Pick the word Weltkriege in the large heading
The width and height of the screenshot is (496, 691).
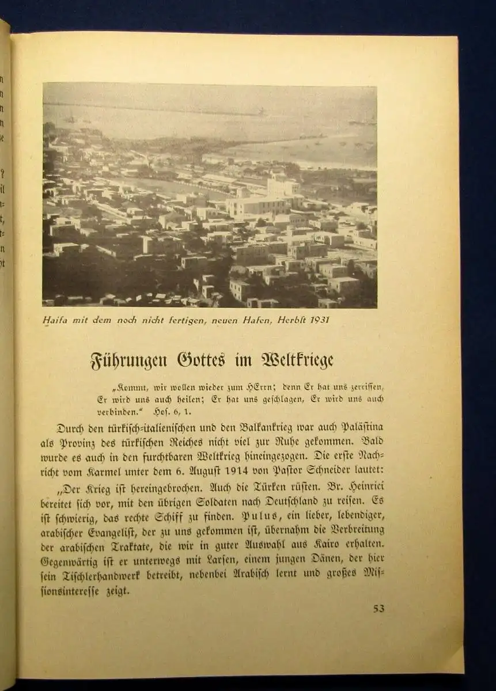coord(297,361)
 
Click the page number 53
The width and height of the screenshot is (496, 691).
coord(378,609)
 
